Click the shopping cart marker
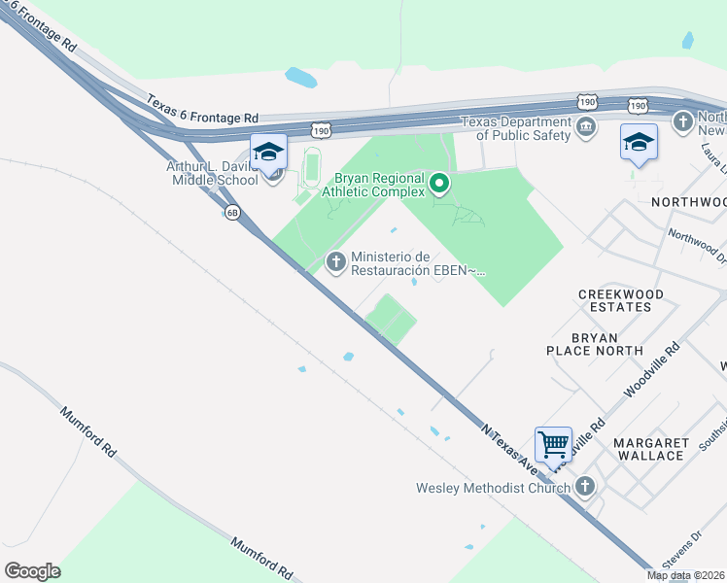tap(553, 445)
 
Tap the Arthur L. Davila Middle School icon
tap(268, 152)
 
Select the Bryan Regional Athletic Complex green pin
tap(439, 183)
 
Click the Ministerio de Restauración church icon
tap(336, 261)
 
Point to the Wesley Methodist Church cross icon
tap(584, 487)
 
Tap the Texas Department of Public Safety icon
tap(586, 126)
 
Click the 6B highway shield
tap(232, 213)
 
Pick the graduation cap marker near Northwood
tap(639, 143)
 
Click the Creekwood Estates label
tap(620, 300)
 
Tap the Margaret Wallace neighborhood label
tap(650, 449)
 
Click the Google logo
tap(32, 570)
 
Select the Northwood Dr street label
tap(697, 247)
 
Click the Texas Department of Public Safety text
tap(515, 128)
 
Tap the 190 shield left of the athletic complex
tap(322, 129)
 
